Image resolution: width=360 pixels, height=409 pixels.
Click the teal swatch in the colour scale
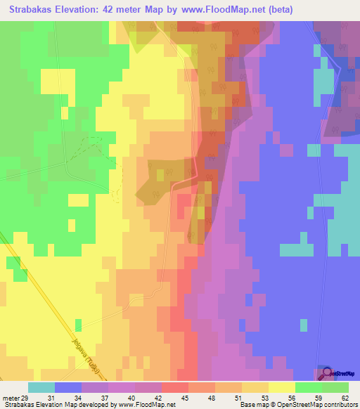click(x=41, y=388)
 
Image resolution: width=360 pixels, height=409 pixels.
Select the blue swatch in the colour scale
click(x=68, y=388)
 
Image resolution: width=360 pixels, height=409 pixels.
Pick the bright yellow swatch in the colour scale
click(x=282, y=388)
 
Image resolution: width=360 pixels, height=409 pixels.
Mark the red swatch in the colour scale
click(x=175, y=388)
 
